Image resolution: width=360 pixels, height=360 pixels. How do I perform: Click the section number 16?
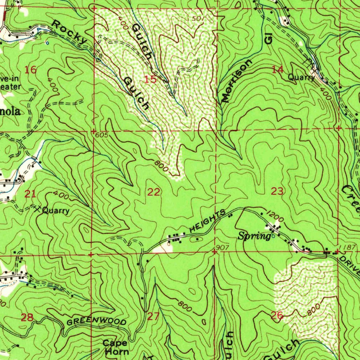31,70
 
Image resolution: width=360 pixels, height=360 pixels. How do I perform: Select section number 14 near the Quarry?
278,70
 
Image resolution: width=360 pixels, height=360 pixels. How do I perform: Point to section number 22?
154,192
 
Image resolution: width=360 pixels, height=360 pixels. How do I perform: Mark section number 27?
153,316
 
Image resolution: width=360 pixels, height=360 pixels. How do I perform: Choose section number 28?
27,318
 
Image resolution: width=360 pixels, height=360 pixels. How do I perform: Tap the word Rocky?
69,32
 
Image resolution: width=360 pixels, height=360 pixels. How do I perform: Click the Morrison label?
237,81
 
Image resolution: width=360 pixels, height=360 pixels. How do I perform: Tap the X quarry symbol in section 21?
37,210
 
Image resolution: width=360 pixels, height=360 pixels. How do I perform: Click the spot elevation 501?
198,18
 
